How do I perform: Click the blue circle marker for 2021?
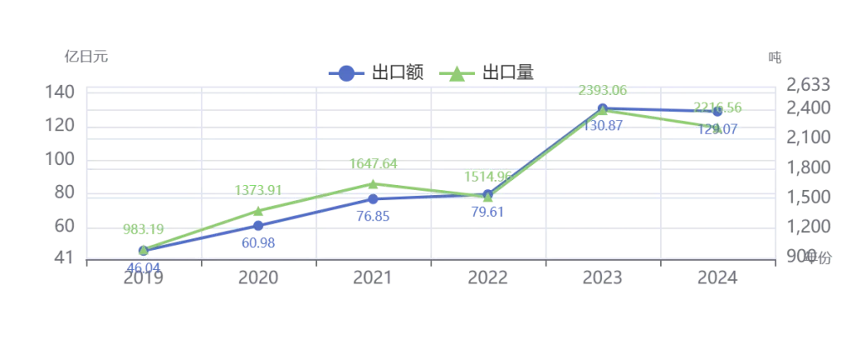tap(372, 199)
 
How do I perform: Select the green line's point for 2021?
tap(372, 183)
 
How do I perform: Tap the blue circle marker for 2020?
tap(258, 225)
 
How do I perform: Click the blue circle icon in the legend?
tap(344, 73)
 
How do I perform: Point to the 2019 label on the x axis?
tap(144, 278)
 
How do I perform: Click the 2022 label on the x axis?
tap(488, 278)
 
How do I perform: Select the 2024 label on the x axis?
tap(717, 278)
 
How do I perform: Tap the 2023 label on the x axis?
tap(602, 278)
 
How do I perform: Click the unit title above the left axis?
tap(84, 58)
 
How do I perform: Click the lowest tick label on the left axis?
tap(62, 258)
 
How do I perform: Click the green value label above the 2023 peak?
tap(603, 89)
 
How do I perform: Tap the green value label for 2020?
tap(257, 190)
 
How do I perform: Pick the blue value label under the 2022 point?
tap(488, 212)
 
